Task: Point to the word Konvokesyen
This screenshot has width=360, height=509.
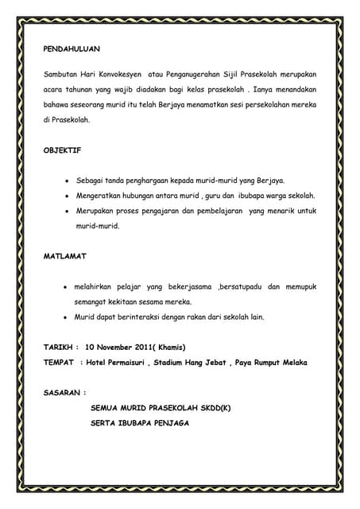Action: coord(104,73)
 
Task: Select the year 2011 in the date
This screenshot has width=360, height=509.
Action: coord(145,347)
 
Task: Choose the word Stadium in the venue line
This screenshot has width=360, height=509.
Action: coord(180,362)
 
